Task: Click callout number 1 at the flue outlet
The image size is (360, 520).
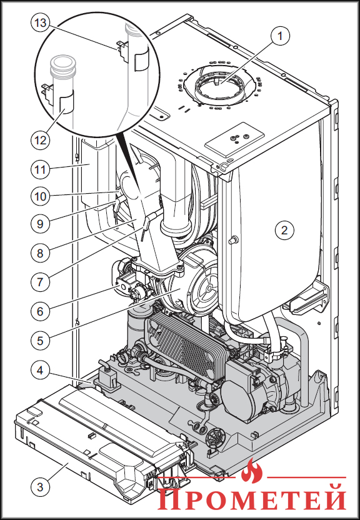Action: (280, 36)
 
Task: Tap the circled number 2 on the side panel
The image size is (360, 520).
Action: (284, 230)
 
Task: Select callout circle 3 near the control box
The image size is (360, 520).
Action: (40, 487)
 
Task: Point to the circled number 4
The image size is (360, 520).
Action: (40, 370)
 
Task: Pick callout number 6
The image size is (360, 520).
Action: (40, 311)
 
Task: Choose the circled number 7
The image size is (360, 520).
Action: (40, 282)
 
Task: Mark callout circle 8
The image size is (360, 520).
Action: (40, 253)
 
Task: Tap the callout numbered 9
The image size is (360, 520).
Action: (40, 224)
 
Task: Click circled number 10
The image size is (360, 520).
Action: (40, 196)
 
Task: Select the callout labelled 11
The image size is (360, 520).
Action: (40, 170)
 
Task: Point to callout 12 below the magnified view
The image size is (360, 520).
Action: (40, 140)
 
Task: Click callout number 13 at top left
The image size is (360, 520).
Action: (40, 23)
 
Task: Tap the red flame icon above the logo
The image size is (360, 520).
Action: (252, 471)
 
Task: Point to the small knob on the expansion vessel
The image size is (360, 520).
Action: (234, 240)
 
